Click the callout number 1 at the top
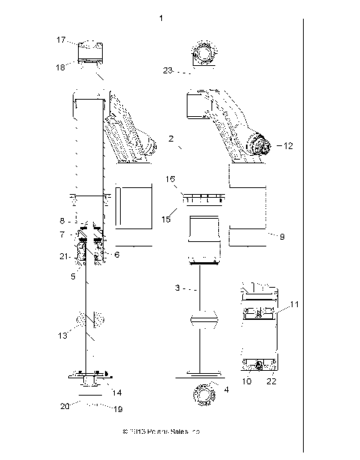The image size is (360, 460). point(161,16)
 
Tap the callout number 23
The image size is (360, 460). point(168,70)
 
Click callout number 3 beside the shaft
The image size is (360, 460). point(178,288)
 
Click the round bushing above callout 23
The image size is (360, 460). point(202,54)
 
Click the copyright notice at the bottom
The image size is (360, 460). point(160,432)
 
